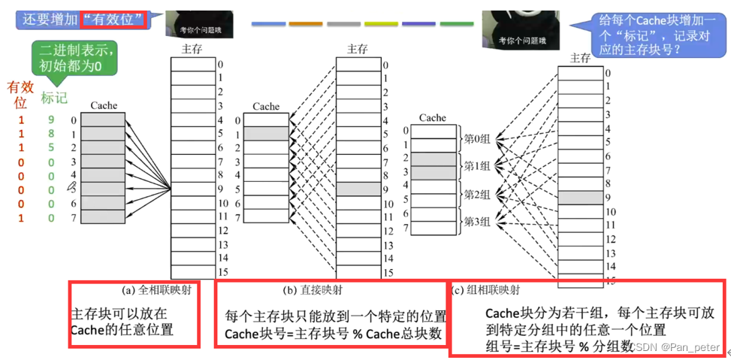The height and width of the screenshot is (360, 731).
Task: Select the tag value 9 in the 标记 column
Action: pyautogui.click(x=51, y=119)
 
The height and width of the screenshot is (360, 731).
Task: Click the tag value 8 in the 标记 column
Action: pyautogui.click(x=51, y=134)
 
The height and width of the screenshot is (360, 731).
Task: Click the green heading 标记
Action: pyautogui.click(x=54, y=98)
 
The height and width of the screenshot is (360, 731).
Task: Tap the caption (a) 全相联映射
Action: pyautogui.click(x=156, y=289)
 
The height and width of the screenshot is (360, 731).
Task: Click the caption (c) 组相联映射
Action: pyautogui.click(x=486, y=289)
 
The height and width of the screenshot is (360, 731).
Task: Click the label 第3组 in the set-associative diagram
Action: pyautogui.click(x=476, y=221)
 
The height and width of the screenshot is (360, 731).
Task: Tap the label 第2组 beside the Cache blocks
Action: pyautogui.click(x=476, y=194)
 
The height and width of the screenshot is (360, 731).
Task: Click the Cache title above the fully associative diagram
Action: pyautogui.click(x=103, y=107)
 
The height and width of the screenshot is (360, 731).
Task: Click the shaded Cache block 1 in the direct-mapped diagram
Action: pyautogui.click(x=265, y=133)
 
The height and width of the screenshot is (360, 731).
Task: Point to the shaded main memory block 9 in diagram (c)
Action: pyautogui.click(x=581, y=197)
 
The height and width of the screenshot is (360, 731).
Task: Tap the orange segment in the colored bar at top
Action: pyautogui.click(x=306, y=24)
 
